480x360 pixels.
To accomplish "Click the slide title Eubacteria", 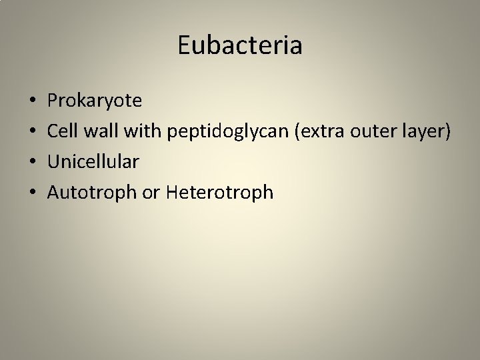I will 240,45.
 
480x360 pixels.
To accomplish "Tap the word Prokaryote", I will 94,101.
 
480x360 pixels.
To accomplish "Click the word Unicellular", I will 93,163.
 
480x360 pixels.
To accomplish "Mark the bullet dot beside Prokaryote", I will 33,102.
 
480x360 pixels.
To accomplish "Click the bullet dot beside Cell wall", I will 33,133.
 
